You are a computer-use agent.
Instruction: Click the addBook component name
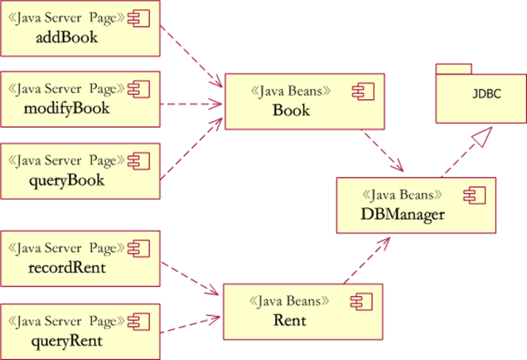coord(67,37)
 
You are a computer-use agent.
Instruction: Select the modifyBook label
coord(66,108)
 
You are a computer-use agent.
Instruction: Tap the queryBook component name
coord(67,180)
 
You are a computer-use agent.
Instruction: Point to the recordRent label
coord(67,267)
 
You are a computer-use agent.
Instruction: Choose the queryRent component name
coord(67,339)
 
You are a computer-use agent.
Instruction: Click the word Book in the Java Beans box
coord(291,110)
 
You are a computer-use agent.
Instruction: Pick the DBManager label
coord(402,214)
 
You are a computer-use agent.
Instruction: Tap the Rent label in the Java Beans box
coord(290,319)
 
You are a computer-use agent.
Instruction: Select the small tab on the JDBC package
coord(454,69)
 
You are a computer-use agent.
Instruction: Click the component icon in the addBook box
coord(139,19)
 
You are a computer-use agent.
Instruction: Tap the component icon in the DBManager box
coord(476,195)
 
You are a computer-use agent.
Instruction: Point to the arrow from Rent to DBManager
coord(366,261)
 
